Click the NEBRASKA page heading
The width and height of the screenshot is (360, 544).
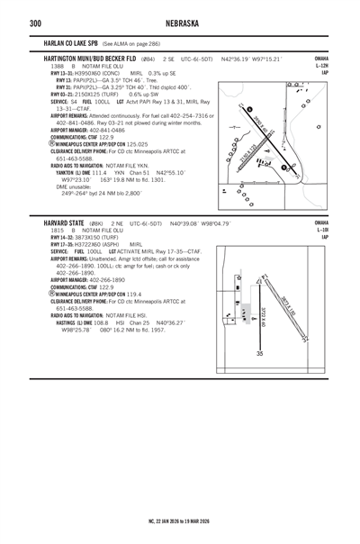point(180,21)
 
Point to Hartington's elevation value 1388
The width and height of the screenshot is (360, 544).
point(57,66)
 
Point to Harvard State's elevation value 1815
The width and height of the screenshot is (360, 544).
point(57,231)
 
